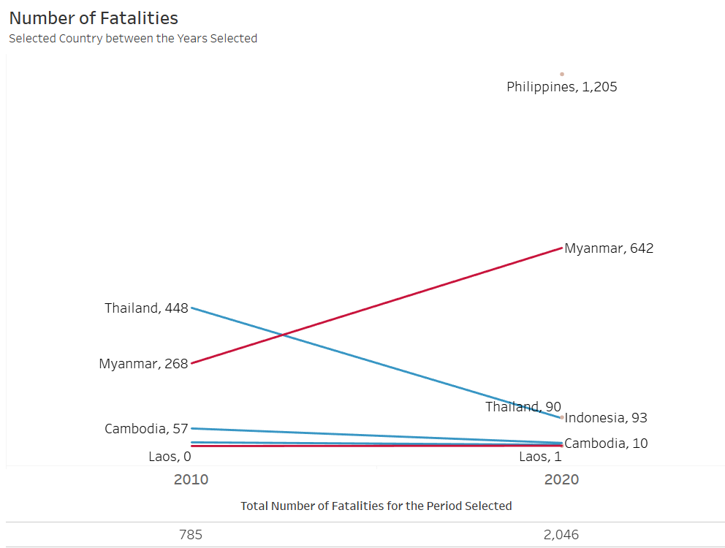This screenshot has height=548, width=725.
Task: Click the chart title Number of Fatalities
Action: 94,18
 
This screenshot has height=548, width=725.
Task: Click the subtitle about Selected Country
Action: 133,39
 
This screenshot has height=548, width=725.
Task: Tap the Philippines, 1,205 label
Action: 561,87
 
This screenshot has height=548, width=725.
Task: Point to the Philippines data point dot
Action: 562,74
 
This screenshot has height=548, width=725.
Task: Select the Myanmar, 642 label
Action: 609,248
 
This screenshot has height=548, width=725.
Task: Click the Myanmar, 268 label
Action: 143,363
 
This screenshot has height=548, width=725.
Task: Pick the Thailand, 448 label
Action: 146,308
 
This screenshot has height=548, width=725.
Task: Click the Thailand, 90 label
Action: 523,407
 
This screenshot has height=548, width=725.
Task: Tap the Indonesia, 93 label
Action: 606,418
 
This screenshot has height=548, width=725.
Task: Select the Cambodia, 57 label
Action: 146,429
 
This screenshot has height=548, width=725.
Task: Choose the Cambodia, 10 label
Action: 606,444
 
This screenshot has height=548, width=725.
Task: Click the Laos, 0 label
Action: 170,457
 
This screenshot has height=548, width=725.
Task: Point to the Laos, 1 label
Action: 540,457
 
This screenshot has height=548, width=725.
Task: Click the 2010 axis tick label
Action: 191,480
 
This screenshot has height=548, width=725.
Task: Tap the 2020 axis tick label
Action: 561,480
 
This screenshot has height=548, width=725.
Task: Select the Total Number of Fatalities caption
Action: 376,506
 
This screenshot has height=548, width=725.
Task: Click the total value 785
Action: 191,535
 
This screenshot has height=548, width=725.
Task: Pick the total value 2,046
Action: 561,535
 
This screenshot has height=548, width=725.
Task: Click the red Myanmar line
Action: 376,305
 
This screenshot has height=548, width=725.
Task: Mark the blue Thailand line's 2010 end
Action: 192,308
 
